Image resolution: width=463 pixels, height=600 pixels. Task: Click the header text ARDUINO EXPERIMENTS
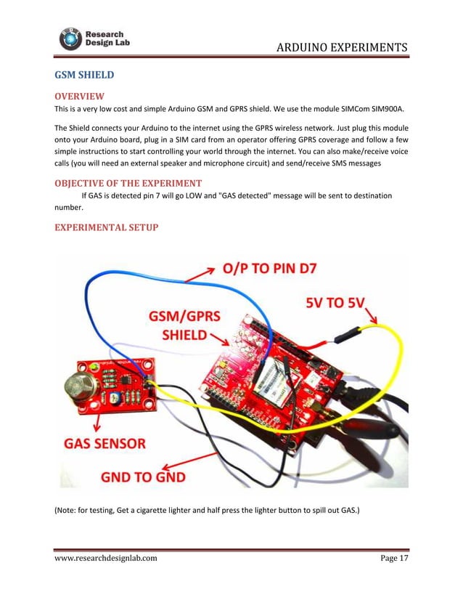[342, 49]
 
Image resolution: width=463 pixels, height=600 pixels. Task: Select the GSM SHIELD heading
[85, 75]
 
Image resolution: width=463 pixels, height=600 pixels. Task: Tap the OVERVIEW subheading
[80, 97]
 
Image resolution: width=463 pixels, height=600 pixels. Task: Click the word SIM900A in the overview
[395, 110]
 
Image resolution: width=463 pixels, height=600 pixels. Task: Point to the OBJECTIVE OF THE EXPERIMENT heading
[128, 182]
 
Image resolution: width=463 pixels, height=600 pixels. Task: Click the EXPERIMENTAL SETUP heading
[106, 227]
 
